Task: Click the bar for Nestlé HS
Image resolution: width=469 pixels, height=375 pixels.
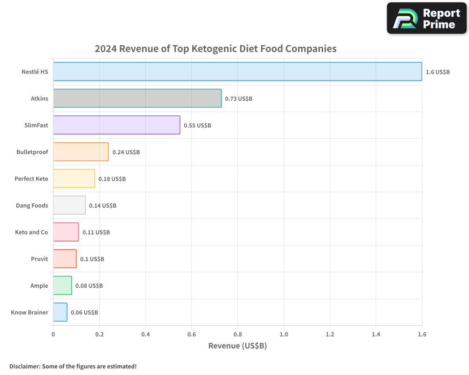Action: tap(237, 71)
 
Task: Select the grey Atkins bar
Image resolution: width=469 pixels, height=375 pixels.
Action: tap(137, 98)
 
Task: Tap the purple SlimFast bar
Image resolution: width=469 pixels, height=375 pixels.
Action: tap(116, 125)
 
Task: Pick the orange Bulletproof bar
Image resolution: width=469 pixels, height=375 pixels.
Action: tap(81, 151)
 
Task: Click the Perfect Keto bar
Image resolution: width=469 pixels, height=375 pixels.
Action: tap(74, 178)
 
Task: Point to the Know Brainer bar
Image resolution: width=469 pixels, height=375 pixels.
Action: tap(60, 312)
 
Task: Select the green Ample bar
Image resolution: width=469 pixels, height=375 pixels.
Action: tap(62, 285)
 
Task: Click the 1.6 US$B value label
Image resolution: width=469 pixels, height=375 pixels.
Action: tap(438, 72)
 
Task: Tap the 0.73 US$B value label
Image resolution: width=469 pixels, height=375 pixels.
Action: tap(239, 98)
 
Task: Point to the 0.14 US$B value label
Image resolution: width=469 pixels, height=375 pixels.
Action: tap(103, 205)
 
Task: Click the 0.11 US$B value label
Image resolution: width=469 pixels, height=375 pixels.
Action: tap(96, 232)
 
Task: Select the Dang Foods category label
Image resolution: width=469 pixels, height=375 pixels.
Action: tap(32, 205)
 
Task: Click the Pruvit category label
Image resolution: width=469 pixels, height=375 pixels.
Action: tap(39, 259)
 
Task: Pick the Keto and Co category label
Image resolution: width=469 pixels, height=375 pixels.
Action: tap(31, 232)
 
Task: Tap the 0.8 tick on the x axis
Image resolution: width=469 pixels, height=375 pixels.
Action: tap(237, 334)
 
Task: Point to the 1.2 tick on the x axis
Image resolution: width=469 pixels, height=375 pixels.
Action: tap(330, 334)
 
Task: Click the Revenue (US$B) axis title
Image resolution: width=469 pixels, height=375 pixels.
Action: tap(237, 346)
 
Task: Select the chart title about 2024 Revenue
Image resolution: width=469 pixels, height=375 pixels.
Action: tap(215, 48)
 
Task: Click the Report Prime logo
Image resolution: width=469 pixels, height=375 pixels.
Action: tap(427, 18)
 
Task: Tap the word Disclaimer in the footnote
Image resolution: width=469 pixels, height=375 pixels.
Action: tap(24, 366)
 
